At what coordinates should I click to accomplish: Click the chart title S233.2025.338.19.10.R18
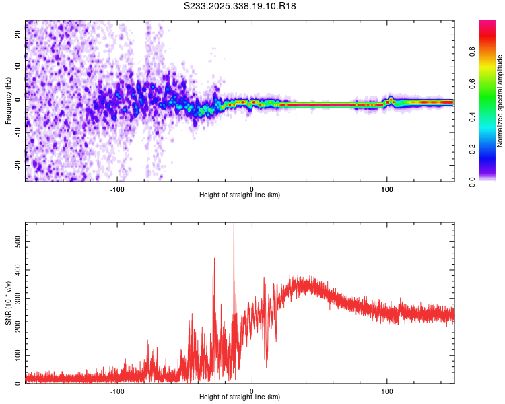[240, 6]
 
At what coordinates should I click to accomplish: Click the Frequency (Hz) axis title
[8, 101]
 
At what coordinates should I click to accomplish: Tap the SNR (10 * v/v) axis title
[8, 302]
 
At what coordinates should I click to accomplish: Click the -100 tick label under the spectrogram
[117, 189]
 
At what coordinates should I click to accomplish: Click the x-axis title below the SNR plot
[240, 397]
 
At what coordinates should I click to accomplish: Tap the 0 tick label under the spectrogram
[252, 189]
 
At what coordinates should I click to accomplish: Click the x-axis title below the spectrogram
[240, 195]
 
